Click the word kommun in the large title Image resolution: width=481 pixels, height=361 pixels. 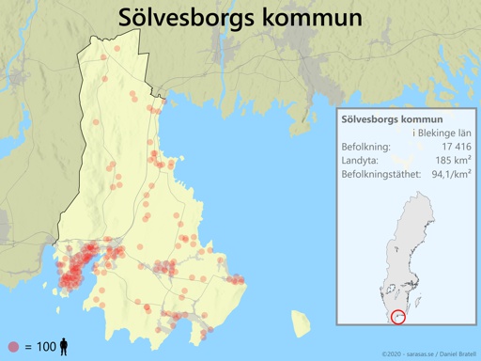[x=313, y=19]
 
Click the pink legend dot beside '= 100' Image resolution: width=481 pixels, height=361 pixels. [x=13, y=347]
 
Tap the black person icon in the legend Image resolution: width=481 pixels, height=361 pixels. [x=63, y=347]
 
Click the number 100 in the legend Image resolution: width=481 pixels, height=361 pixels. [x=46, y=347]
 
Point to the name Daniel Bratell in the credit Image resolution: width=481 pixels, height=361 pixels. [x=455, y=353]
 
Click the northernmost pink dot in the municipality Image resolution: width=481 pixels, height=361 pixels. [x=116, y=49]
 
